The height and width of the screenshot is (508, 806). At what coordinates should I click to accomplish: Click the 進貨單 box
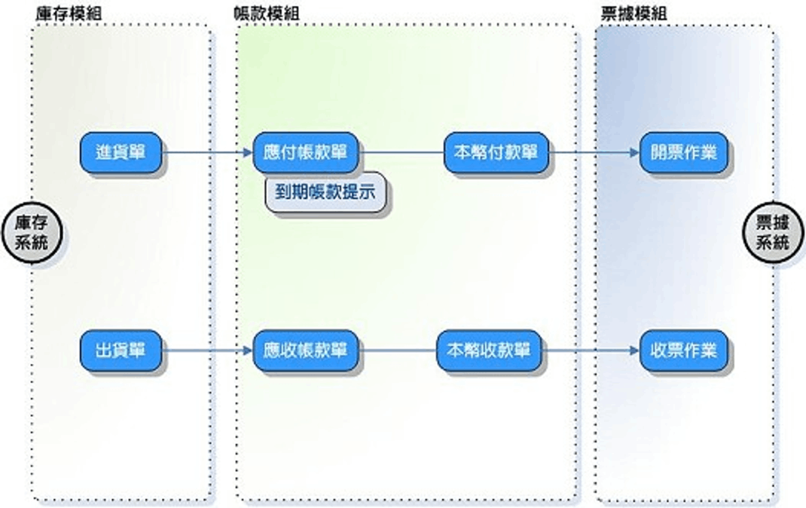121,152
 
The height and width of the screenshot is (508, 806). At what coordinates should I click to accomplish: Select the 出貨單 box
121,350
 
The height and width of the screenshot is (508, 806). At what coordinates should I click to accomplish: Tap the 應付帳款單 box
306,152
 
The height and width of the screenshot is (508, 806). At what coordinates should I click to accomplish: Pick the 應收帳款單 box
306,350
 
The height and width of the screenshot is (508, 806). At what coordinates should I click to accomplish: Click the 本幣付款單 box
496,152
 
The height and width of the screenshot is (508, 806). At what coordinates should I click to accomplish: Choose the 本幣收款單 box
489,350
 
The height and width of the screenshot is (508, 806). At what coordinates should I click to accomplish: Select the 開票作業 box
684,152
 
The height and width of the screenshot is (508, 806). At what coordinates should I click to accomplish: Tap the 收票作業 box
684,350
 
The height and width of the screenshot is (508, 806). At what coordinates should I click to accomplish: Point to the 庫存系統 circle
32,233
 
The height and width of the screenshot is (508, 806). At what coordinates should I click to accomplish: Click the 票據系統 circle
772,233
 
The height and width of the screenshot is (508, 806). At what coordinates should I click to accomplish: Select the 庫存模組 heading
69,14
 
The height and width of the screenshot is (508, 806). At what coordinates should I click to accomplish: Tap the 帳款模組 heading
270,14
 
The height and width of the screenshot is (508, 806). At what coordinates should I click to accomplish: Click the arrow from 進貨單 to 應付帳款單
208,152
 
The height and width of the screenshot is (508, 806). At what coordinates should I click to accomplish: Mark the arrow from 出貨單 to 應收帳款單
208,350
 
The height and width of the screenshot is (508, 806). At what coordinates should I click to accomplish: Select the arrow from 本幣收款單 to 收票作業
591,350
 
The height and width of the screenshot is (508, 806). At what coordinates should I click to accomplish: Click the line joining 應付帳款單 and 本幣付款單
402,152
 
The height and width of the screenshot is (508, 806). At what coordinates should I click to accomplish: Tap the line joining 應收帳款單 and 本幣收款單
398,350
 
